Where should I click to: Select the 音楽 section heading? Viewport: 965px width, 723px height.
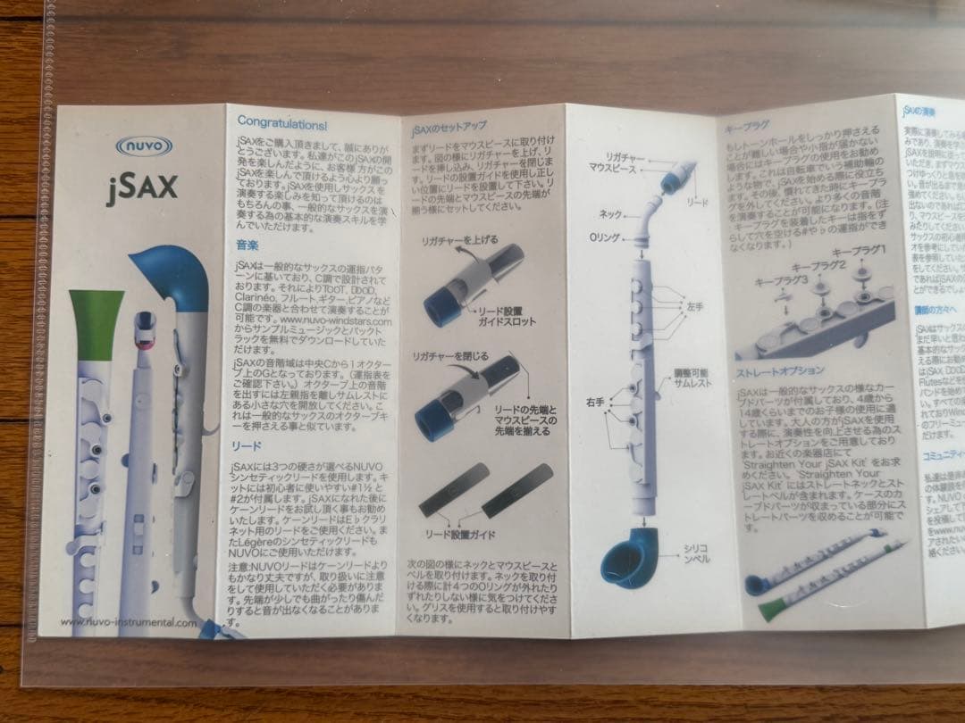click(x=248, y=244)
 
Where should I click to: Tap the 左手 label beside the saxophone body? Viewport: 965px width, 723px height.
click(x=696, y=306)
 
